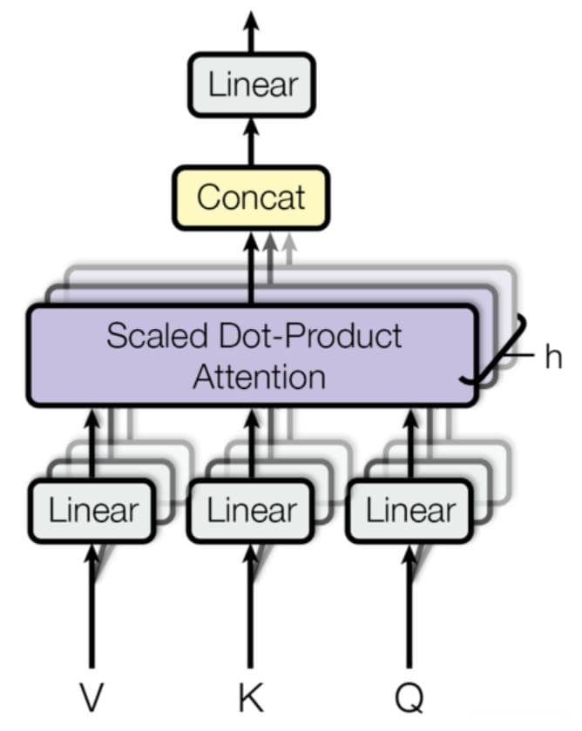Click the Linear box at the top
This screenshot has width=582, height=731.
[252, 84]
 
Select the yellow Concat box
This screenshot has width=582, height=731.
[251, 198]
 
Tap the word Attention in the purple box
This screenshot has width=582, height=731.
[260, 377]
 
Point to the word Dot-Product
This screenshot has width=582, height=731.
[310, 335]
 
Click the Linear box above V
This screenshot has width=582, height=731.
[92, 511]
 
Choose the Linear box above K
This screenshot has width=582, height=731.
[251, 511]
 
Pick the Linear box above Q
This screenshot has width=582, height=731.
[409, 511]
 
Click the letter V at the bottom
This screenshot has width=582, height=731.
[91, 696]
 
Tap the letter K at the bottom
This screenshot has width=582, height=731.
[251, 696]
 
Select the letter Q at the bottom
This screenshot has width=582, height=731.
[409, 697]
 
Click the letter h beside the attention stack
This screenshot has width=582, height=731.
[553, 357]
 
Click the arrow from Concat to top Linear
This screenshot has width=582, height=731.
[252, 141]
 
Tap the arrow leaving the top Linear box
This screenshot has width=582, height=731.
[252, 31]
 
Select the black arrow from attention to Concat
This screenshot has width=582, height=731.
[252, 268]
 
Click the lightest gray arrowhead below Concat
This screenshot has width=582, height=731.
[289, 242]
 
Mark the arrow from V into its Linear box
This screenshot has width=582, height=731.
[92, 605]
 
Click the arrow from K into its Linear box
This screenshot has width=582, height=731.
[251, 605]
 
